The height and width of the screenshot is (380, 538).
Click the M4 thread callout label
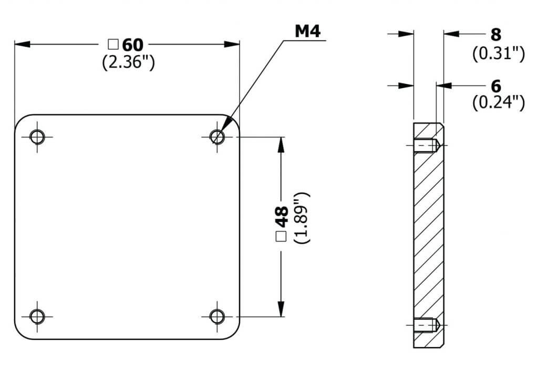[x=307, y=31]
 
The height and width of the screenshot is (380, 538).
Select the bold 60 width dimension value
[x=132, y=45]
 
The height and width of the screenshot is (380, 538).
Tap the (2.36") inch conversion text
[x=128, y=62]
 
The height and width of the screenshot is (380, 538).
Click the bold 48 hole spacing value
[x=282, y=217]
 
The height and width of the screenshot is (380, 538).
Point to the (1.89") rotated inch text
[x=302, y=218]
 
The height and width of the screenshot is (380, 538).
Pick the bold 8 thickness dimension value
[x=496, y=35]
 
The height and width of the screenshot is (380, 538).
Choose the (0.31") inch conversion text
[x=499, y=54]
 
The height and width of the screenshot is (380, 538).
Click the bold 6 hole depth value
[x=496, y=87]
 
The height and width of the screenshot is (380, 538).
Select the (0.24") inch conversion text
[x=499, y=102]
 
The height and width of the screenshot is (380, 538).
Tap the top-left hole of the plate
[x=37, y=137]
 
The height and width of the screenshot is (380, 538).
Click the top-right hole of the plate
[x=217, y=137]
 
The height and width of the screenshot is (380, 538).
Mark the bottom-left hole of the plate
[x=37, y=316]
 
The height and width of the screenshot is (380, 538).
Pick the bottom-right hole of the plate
[x=217, y=316]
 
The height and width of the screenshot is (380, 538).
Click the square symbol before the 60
[x=113, y=45]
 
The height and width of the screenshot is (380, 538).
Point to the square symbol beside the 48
[x=281, y=237]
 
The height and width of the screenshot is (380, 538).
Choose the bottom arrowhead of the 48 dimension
[x=281, y=309]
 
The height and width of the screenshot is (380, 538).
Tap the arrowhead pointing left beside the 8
[x=451, y=34]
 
